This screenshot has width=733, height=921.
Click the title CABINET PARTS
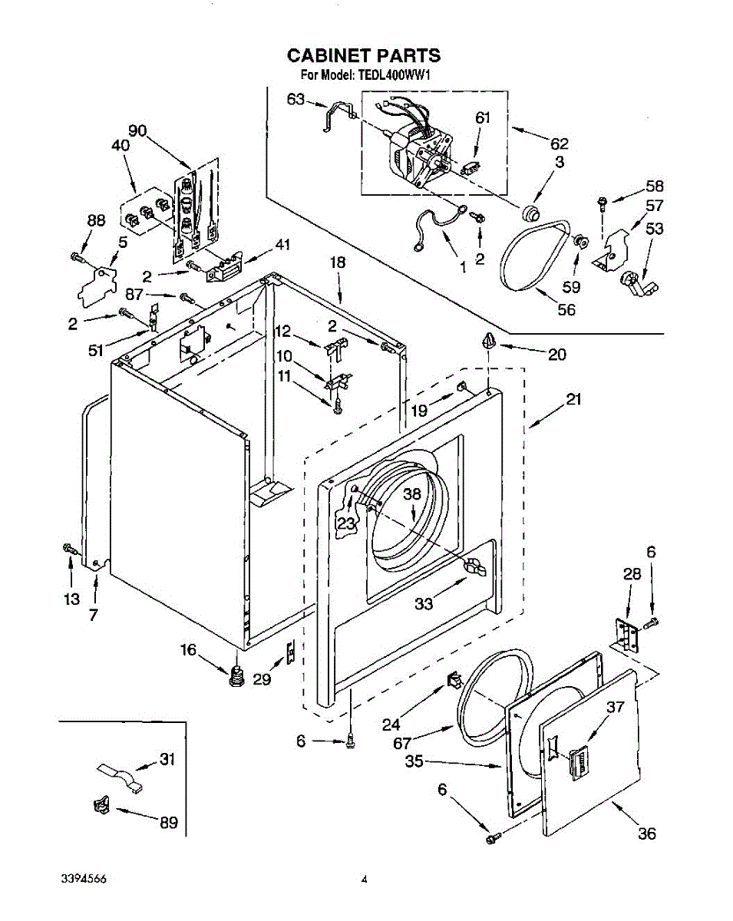point(364,55)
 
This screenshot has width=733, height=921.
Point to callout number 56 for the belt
point(566,309)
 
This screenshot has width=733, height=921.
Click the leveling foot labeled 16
point(236,678)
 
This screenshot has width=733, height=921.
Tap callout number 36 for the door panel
point(647,834)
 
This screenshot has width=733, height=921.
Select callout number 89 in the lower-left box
point(169,823)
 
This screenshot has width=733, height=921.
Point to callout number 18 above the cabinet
point(338,262)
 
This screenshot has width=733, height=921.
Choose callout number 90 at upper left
point(137,130)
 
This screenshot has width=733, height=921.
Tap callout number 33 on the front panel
point(424,603)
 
